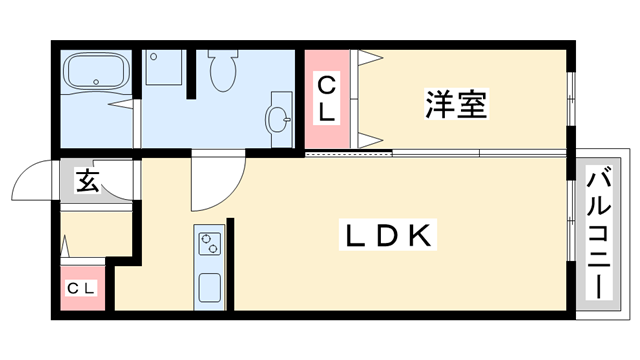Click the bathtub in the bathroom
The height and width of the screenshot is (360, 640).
[97, 72]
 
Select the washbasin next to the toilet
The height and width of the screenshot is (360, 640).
[279, 119]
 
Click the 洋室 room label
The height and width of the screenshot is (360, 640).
[456, 104]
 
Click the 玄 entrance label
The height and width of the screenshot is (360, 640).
[89, 182]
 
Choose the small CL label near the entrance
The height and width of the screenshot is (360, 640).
[81, 289]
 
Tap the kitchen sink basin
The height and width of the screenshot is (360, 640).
[210, 288]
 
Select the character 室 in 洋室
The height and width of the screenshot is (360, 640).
[473, 104]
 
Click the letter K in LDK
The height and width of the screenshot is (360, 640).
[421, 237]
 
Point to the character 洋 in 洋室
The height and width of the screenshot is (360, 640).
[439, 104]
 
